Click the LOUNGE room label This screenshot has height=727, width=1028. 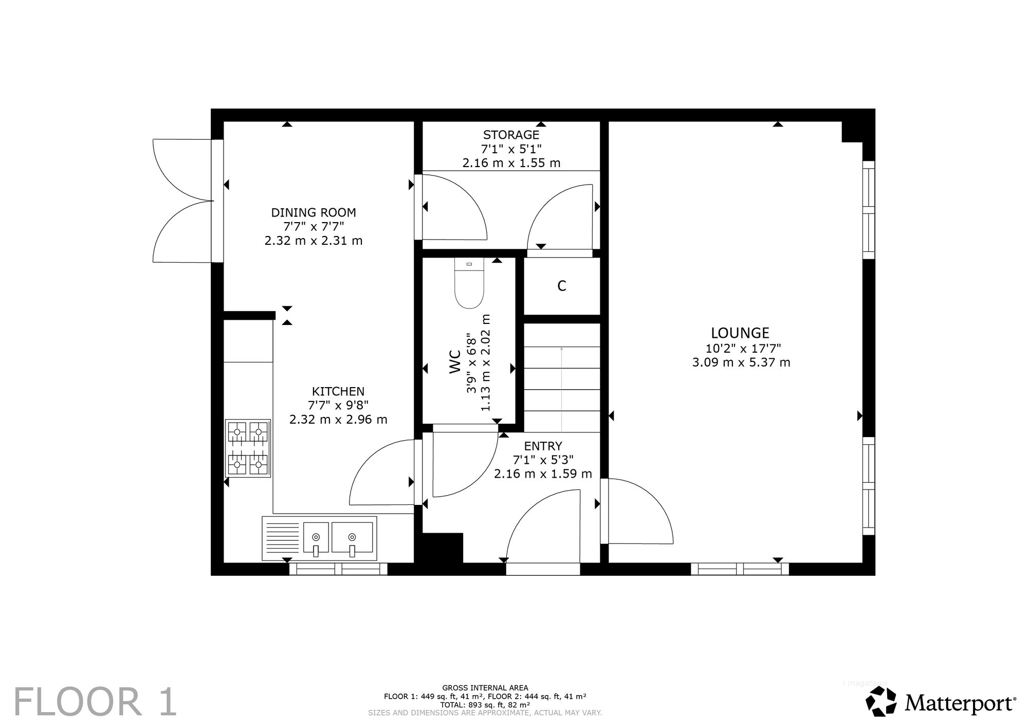[740, 333]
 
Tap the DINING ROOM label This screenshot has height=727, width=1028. [314, 212]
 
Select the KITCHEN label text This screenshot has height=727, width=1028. [338, 392]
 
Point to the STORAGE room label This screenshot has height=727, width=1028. [511, 135]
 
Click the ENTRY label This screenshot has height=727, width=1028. [543, 446]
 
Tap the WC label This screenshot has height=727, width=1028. [455, 361]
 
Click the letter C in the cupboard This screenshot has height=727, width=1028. [562, 286]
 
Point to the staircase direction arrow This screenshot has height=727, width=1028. [561, 389]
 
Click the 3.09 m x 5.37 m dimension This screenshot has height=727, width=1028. [741, 362]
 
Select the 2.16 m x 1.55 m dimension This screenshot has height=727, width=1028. [511, 163]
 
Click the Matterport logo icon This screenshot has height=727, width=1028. [881, 701]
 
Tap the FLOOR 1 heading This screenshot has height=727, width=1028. [95, 702]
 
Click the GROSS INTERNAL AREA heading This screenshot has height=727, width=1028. [485, 688]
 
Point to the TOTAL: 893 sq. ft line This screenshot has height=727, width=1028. [485, 704]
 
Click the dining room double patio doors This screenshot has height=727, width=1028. [183, 201]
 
